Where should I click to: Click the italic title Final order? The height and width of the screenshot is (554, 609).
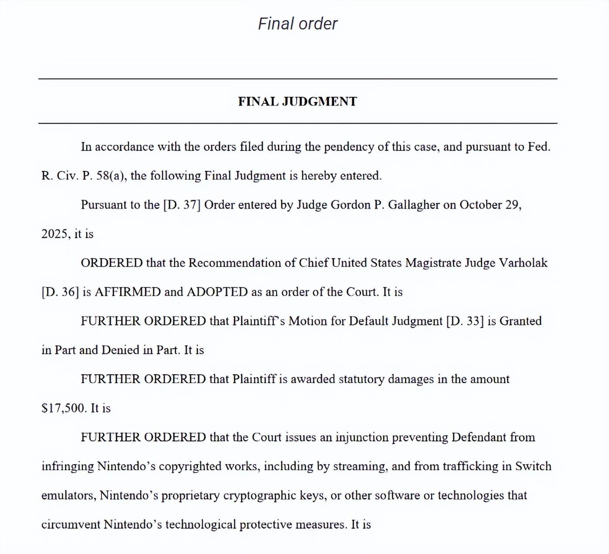pyautogui.click(x=298, y=24)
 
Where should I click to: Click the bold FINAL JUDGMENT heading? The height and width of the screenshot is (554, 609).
pyautogui.click(x=298, y=102)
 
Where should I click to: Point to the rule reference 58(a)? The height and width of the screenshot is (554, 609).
pyautogui.click(x=111, y=176)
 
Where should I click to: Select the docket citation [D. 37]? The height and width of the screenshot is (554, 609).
pyautogui.click(x=182, y=205)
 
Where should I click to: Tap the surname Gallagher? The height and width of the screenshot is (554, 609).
pyautogui.click(x=413, y=205)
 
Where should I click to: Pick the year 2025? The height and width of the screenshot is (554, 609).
pyautogui.click(x=55, y=234)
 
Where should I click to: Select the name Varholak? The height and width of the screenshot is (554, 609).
pyautogui.click(x=523, y=263)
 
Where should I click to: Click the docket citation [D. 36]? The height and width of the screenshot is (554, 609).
pyautogui.click(x=60, y=292)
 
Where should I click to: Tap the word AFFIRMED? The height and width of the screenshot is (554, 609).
pyautogui.click(x=128, y=292)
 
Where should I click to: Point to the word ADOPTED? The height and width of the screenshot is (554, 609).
pyautogui.click(x=217, y=292)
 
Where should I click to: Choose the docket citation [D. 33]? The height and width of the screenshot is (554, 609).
pyautogui.click(x=465, y=321)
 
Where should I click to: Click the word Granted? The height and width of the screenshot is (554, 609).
pyautogui.click(x=520, y=321)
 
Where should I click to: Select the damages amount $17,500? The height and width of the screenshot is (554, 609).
pyautogui.click(x=64, y=408)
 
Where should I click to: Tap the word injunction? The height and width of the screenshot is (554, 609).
pyautogui.click(x=362, y=438)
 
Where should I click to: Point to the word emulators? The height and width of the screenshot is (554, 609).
pyautogui.click(x=68, y=496)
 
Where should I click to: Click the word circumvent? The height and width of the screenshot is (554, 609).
pyautogui.click(x=71, y=524)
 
